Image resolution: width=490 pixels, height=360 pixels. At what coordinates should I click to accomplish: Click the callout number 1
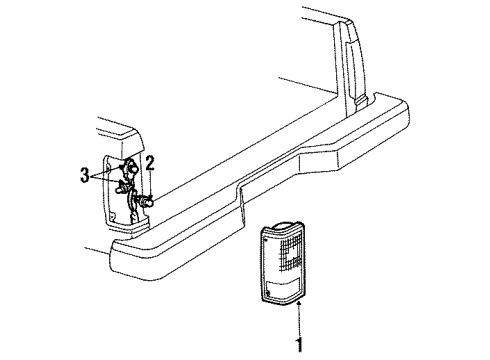[x=300, y=344]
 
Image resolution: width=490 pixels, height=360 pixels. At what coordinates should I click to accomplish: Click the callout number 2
[x=150, y=164]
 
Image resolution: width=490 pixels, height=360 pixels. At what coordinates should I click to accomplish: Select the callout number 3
[x=85, y=175]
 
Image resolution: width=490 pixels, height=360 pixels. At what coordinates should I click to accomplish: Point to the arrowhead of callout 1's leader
[x=299, y=303]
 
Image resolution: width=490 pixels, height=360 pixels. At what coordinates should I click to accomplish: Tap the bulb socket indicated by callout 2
[x=146, y=201]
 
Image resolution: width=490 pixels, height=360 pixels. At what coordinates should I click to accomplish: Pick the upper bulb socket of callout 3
[x=130, y=166]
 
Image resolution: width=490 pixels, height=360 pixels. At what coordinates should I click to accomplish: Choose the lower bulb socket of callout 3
[x=122, y=187]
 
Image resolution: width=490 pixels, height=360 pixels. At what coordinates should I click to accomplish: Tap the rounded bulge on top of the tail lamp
[x=282, y=225]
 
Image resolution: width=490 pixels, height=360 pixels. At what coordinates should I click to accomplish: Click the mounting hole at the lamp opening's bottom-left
[x=113, y=217]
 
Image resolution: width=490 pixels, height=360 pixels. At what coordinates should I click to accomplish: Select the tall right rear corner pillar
[x=350, y=67]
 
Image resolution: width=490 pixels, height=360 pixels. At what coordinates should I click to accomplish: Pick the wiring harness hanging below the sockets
[x=133, y=206]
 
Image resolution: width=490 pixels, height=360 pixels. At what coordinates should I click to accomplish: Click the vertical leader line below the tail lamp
[x=299, y=319]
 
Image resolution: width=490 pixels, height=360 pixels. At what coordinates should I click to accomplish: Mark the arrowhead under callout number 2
[x=150, y=198]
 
